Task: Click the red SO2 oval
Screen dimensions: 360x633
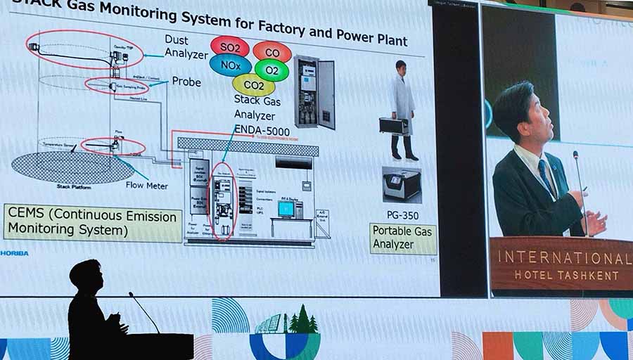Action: [x=229, y=46]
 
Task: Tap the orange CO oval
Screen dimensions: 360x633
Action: [x=272, y=52]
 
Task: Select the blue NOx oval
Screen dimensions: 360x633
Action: [x=230, y=65]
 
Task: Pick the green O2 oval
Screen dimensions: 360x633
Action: [x=271, y=70]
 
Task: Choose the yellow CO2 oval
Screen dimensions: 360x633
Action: [x=253, y=86]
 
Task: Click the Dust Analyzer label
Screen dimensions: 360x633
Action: [x=186, y=46]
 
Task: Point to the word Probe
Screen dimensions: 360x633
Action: [x=186, y=82]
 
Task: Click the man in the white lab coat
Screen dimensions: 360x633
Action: [x=402, y=105]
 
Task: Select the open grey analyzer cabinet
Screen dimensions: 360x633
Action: [x=314, y=91]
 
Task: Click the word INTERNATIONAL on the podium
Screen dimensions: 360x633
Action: [x=560, y=257]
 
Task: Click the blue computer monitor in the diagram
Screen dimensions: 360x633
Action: [x=286, y=209]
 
